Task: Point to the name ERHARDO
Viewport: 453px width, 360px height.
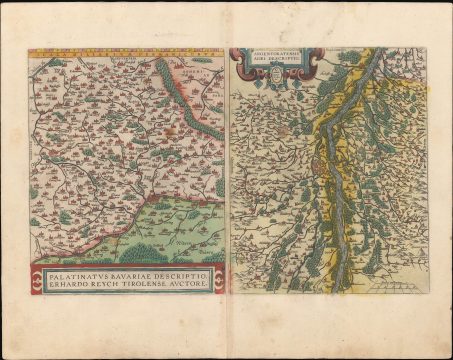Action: [x=65, y=284]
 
